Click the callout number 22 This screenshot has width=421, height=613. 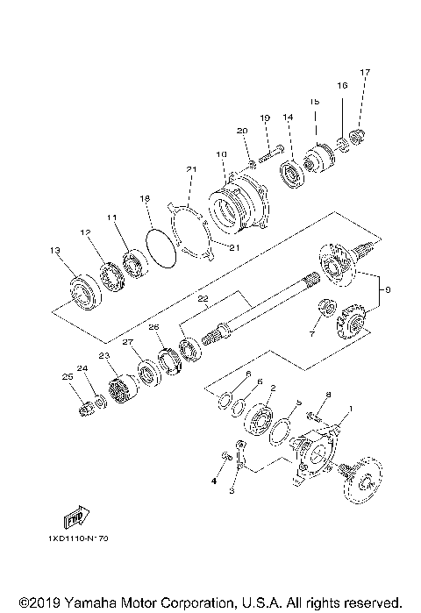click(202, 299)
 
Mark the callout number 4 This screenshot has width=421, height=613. click(213, 481)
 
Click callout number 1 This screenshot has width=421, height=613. click(351, 410)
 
